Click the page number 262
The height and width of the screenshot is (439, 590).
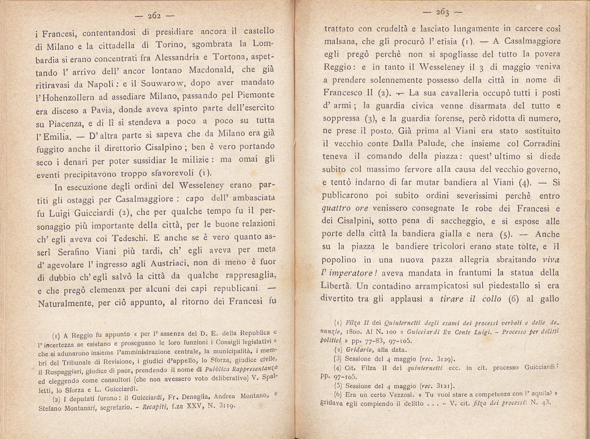pyautogui.click(x=154, y=16)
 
